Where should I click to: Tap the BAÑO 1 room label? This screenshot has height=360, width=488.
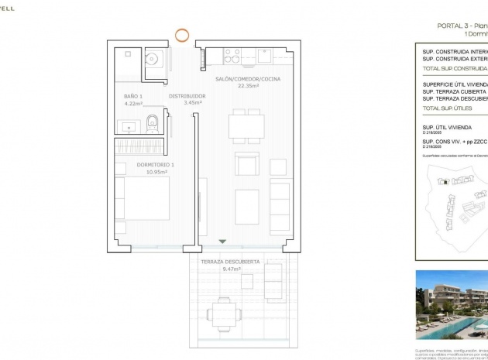pyautogui.click(x=133, y=96)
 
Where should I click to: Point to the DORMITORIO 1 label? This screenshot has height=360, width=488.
pyautogui.click(x=144, y=164)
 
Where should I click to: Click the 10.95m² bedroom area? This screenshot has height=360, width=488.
pyautogui.click(x=144, y=171)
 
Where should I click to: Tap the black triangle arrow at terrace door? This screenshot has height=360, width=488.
pyautogui.click(x=222, y=243)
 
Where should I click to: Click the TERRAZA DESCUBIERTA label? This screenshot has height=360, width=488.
pyautogui.click(x=230, y=262)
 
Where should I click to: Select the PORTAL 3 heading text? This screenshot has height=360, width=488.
pyautogui.click(x=457, y=26)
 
